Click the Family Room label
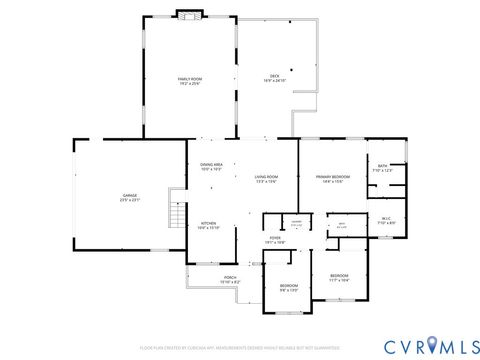(x=190, y=79)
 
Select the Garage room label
(x=130, y=199)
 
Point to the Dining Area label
(x=211, y=167)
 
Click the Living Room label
(x=265, y=179)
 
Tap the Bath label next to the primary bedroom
(x=383, y=169)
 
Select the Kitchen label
(x=208, y=225)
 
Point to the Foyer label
(x=275, y=240)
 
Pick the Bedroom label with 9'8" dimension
(x=289, y=288)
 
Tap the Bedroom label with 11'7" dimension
(x=340, y=278)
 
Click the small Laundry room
(x=296, y=223)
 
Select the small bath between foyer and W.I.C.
(x=341, y=225)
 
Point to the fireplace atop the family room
(x=189, y=14)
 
